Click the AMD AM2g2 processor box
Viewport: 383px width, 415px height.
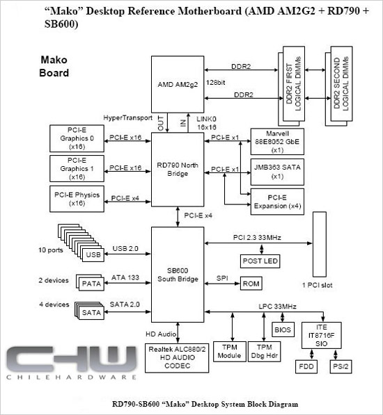point(178,84)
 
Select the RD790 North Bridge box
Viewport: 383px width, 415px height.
point(178,170)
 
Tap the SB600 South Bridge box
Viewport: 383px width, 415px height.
point(178,275)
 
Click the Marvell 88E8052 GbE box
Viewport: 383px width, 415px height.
point(277,142)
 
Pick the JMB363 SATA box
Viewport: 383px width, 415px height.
point(277,172)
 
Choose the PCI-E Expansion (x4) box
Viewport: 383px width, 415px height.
point(277,202)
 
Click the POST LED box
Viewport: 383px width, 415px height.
point(260,261)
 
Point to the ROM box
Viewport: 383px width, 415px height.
point(251,284)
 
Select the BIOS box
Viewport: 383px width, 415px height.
point(283,329)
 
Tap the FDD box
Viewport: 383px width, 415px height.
point(306,366)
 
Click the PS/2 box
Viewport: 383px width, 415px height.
point(341,366)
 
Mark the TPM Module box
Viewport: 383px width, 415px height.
point(230,352)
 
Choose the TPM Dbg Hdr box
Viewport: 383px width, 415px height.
point(264,352)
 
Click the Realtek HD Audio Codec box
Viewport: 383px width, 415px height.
point(177,358)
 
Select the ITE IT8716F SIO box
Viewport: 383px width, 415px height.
point(322,335)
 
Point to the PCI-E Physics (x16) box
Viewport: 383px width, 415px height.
point(77,199)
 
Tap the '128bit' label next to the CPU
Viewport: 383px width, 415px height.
point(215,83)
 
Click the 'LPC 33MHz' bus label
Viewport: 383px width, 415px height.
point(277,307)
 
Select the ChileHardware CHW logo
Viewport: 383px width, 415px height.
point(72,363)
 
